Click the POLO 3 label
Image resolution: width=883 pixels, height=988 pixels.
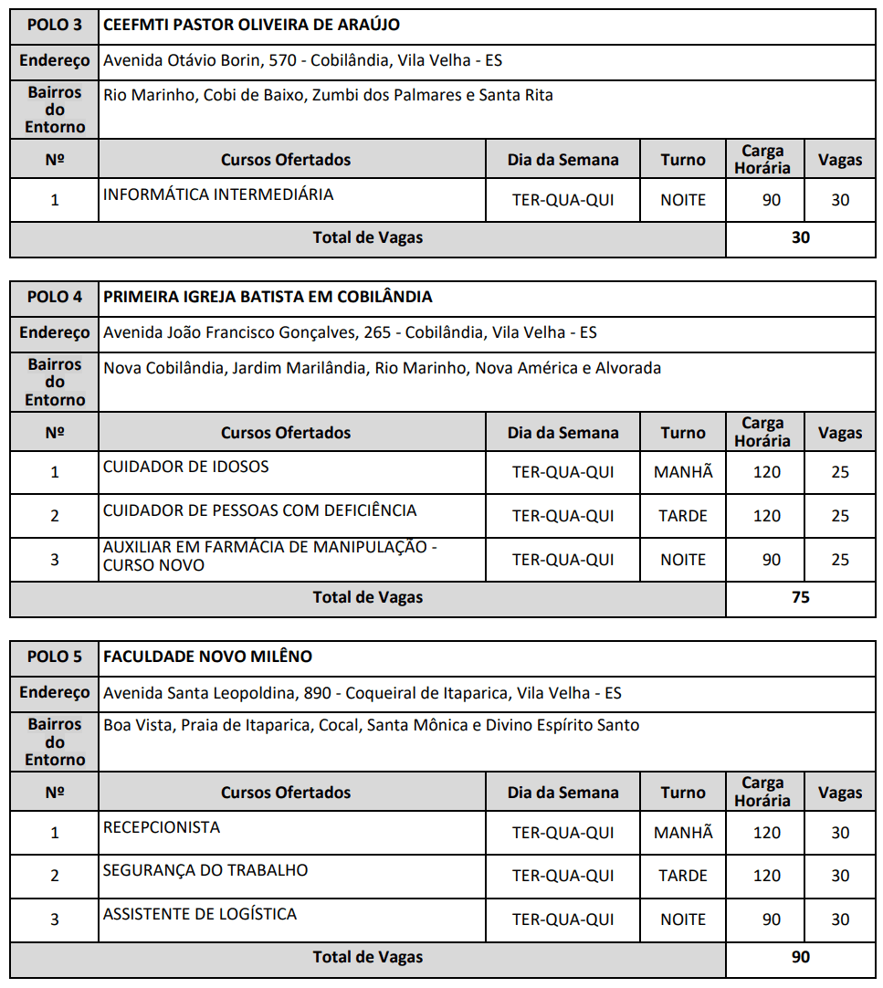pos(54,25)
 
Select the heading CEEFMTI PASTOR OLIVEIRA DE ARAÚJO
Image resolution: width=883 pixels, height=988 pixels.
pos(251,25)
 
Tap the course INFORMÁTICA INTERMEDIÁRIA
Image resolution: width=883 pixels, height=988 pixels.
pos(218,194)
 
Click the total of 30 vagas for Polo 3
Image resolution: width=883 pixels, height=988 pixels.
pos(800,238)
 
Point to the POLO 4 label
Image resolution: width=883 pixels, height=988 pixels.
pos(54,297)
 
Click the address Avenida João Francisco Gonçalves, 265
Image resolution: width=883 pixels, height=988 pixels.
pos(350,332)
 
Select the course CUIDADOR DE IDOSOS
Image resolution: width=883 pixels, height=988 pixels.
pos(186,467)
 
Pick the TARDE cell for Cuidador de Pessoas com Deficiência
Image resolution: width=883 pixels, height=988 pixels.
pos(683,516)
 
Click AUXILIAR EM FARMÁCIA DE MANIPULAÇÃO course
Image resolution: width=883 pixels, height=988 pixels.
pos(270,556)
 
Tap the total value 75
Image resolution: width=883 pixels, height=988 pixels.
pos(800,598)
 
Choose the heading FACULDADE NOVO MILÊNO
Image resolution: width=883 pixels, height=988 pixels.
pos(207,657)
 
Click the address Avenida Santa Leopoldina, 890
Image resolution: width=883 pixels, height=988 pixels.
pos(362,693)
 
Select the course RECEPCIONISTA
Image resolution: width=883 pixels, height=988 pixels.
pos(162,827)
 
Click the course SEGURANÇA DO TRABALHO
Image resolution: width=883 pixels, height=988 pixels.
pos(205,870)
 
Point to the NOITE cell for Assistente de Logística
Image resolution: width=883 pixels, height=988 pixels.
pos(683,920)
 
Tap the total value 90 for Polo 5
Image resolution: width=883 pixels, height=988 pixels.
pos(800,958)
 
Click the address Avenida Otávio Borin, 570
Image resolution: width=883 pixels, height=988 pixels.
pos(302,61)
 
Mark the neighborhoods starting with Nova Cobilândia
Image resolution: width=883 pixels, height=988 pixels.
pos(382,368)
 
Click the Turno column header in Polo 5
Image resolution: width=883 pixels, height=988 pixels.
pos(683,793)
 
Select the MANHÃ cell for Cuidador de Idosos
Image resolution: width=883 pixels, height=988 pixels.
pos(683,472)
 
